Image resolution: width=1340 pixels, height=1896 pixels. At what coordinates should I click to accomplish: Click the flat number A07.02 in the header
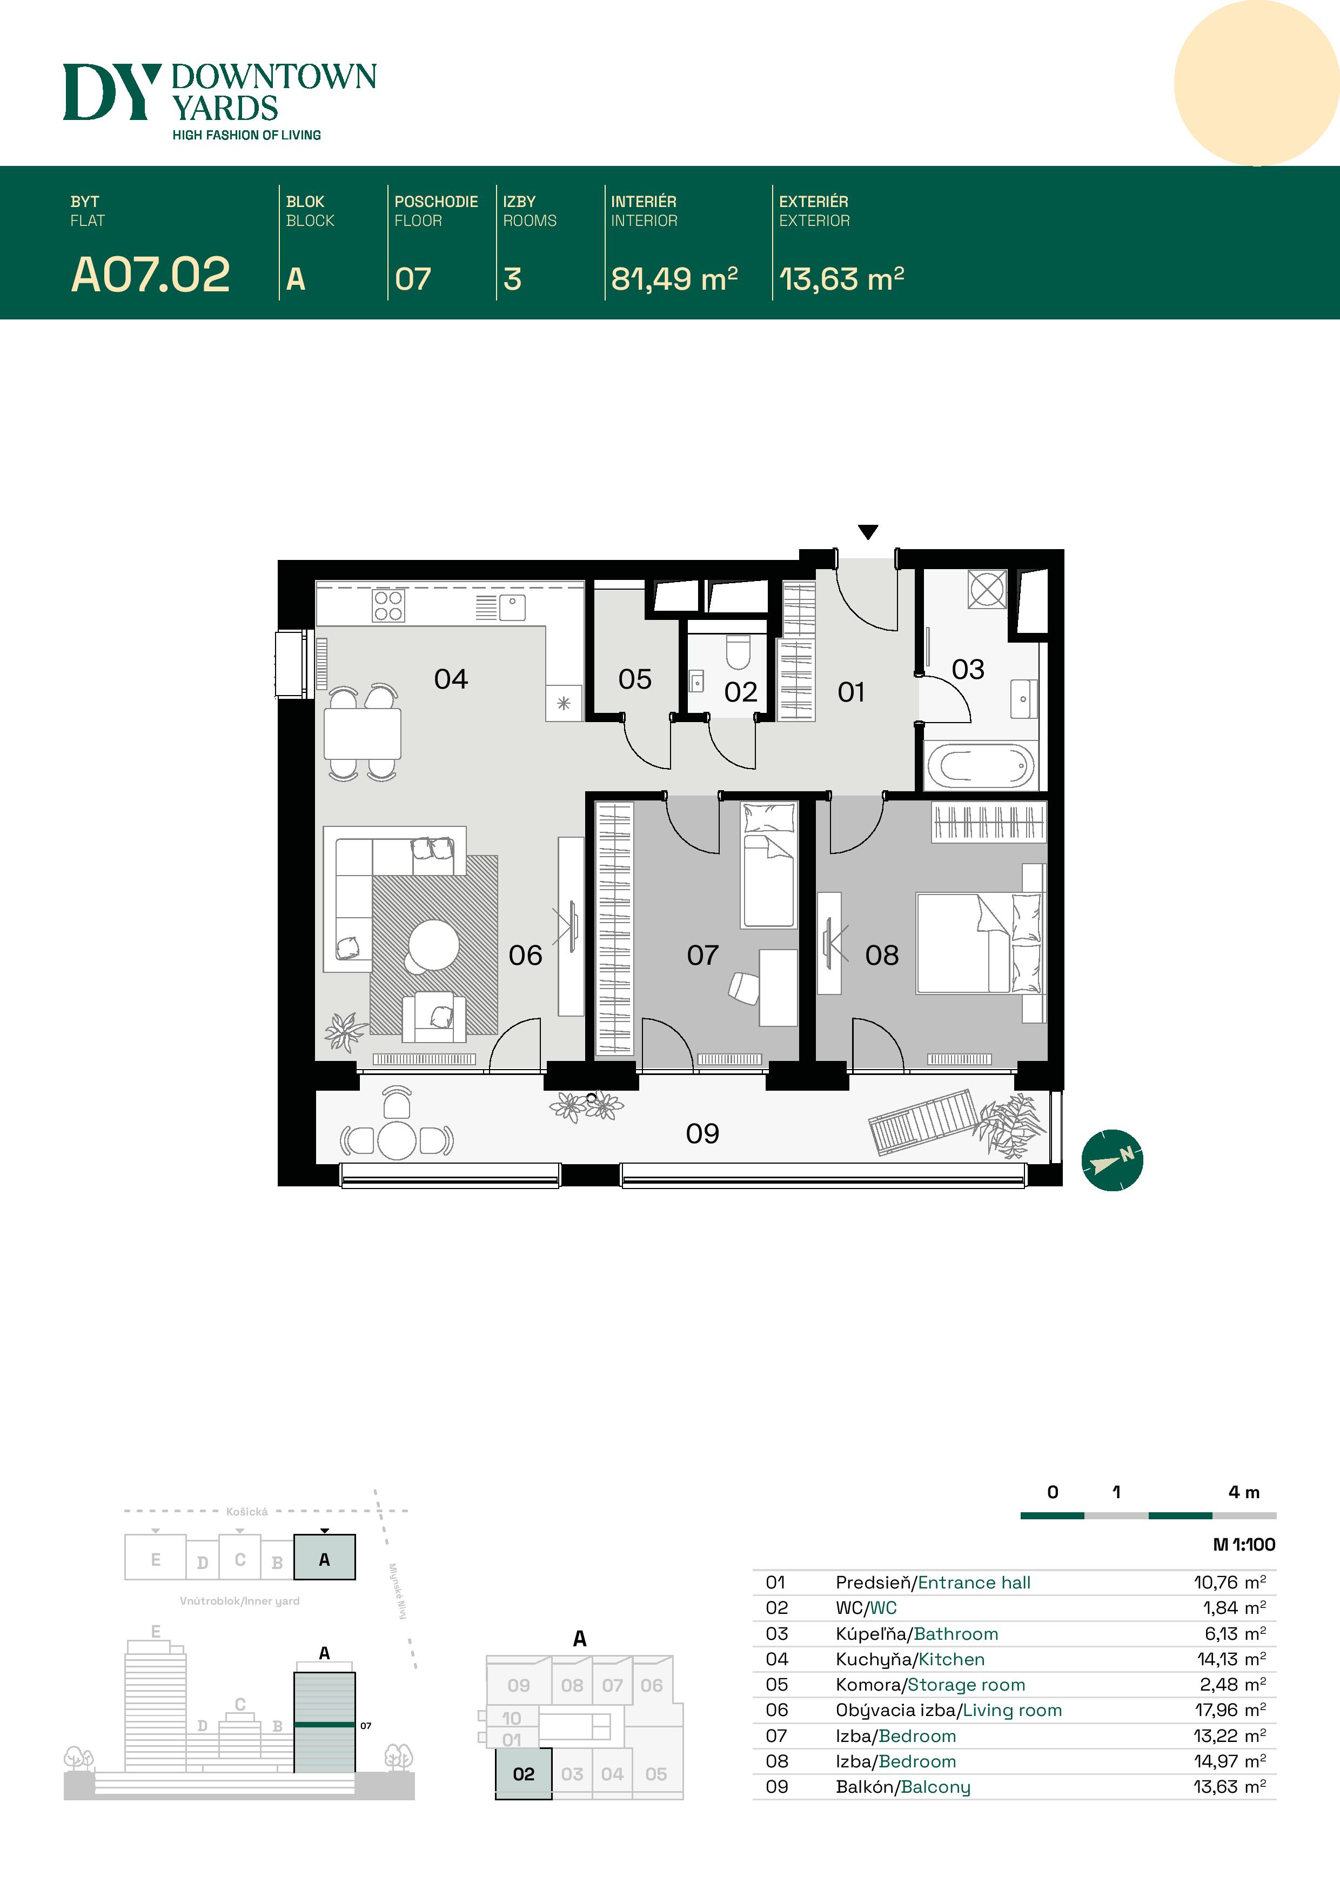point(150,275)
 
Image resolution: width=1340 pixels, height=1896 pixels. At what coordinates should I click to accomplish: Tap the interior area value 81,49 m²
point(674,279)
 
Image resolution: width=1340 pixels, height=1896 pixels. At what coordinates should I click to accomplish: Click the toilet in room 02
point(738,651)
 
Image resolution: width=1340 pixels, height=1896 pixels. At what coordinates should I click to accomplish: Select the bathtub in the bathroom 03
point(980,765)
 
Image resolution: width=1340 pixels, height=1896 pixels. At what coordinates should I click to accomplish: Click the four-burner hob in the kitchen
point(387,605)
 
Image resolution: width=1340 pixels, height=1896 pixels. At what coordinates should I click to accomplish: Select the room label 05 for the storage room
point(634,679)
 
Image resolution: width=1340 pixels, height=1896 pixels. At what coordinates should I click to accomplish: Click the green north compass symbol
point(1111,1159)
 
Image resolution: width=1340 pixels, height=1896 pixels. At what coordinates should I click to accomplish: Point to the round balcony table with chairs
point(396,1140)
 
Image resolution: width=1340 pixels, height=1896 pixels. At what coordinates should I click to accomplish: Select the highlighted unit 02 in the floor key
point(524,1774)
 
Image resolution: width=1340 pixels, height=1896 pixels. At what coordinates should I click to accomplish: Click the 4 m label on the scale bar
point(1243,1492)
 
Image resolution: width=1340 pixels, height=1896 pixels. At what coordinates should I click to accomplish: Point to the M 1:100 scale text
point(1243,1544)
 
